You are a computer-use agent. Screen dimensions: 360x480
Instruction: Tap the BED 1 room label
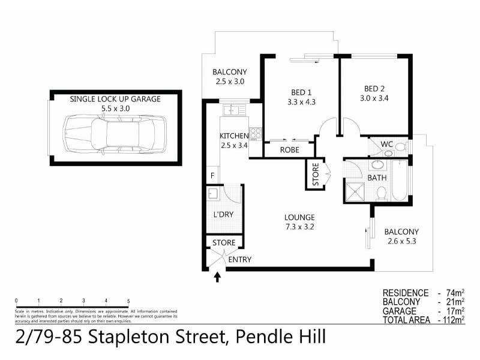[302, 92]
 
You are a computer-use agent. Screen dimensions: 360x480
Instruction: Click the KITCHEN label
[234, 136]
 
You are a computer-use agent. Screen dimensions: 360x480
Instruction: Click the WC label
[387, 144]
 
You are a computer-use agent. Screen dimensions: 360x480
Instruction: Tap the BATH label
[376, 178]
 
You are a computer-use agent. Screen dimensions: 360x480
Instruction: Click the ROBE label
[290, 151]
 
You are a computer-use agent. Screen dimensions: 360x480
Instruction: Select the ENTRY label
[240, 260]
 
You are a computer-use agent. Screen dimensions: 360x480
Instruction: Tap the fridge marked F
[212, 175]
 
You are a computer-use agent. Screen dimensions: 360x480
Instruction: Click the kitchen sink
[231, 110]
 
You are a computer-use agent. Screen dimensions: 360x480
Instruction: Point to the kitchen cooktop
[256, 133]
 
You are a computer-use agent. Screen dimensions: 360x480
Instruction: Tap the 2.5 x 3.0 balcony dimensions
[230, 81]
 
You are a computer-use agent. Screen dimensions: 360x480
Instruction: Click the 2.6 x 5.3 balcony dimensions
[401, 242]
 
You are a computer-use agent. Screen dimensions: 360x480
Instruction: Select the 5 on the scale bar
[128, 300]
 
